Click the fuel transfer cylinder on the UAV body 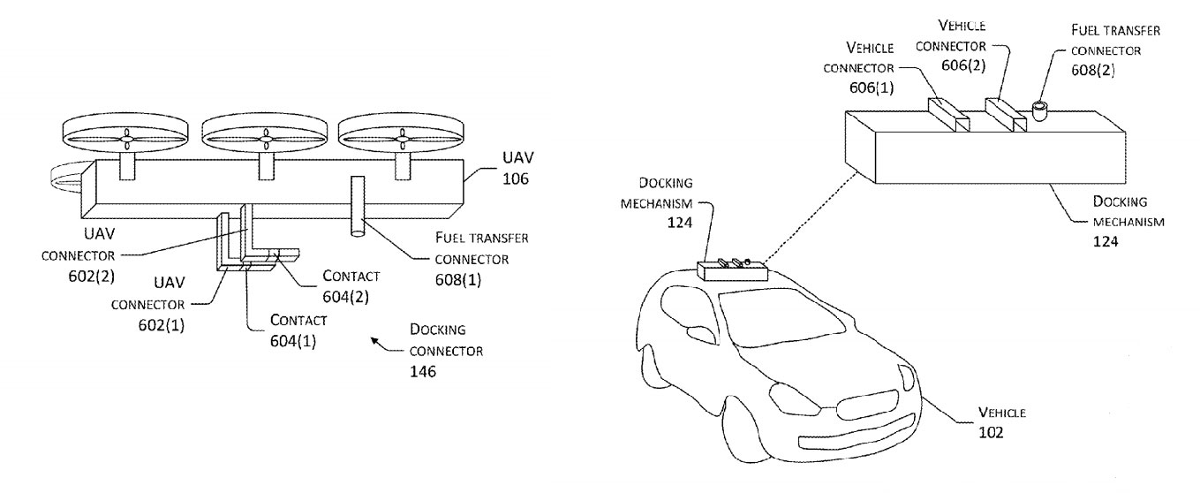358,205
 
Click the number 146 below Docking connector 424,371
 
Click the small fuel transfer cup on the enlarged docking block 1039,112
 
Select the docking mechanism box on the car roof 730,269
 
